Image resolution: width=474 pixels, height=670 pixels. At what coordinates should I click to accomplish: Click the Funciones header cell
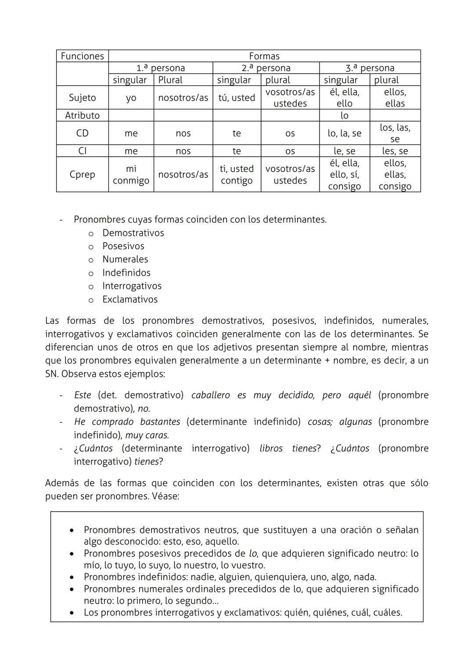tap(82, 56)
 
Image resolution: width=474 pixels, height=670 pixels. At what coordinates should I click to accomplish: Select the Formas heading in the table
tap(264, 56)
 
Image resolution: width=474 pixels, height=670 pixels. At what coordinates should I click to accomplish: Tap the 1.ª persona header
tap(160, 68)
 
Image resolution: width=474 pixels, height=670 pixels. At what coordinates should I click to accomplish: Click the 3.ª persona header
tap(370, 68)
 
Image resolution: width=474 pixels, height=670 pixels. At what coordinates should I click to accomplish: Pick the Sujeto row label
tap(82, 97)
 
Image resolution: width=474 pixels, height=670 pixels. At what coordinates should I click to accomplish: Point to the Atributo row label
tap(82, 115)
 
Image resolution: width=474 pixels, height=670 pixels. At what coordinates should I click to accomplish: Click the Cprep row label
tap(82, 174)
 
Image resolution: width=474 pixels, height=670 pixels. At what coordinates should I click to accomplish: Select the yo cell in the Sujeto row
tap(131, 98)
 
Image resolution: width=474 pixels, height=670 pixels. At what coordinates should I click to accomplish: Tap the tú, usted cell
tap(237, 98)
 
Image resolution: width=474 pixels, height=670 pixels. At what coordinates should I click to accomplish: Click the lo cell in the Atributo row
tap(344, 115)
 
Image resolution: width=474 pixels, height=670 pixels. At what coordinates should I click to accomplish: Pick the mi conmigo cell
tap(131, 175)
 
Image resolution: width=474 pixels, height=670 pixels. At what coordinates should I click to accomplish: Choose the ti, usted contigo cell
tap(237, 175)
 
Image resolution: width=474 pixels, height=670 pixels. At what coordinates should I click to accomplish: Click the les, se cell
tap(395, 151)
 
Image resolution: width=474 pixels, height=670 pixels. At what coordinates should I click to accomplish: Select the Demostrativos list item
tap(133, 233)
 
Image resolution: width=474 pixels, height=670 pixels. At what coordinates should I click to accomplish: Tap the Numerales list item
tap(125, 259)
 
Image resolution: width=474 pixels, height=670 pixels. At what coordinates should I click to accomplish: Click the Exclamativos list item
tap(130, 299)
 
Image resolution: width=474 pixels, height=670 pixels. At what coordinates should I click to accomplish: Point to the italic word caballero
tap(210, 395)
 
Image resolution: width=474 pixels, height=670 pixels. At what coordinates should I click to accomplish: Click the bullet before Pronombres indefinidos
tap(72, 577)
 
